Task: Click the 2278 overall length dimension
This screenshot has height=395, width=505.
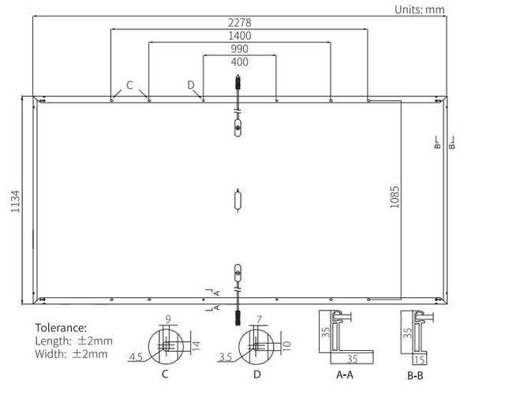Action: tap(239, 23)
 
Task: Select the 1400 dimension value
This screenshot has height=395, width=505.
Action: tap(239, 35)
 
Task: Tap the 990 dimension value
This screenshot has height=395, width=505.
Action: tap(239, 49)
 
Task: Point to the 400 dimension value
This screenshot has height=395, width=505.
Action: tap(239, 61)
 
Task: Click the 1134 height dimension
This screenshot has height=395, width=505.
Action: tap(16, 201)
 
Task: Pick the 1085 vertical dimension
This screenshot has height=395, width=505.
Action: tap(395, 196)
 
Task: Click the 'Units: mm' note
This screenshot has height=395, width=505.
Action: tap(419, 9)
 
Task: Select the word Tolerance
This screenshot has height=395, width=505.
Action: tap(61, 328)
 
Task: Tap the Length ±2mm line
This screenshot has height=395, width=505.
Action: tap(73, 341)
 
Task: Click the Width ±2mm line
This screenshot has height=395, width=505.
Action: tap(71, 354)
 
